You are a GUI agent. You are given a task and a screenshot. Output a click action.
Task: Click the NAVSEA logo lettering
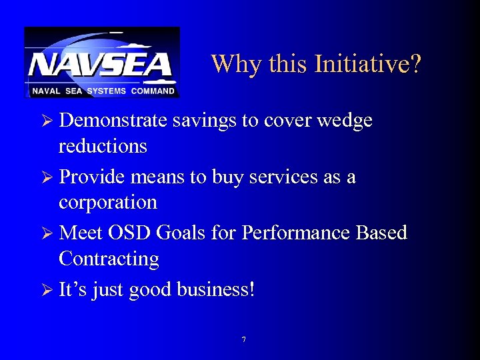click(x=101, y=65)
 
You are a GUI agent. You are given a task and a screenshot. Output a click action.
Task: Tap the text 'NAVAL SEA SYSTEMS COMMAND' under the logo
click(x=102, y=91)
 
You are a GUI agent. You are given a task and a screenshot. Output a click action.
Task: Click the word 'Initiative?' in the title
click(x=368, y=65)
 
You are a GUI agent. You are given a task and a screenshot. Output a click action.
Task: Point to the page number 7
click(x=243, y=340)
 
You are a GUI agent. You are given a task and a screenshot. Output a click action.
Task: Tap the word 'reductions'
click(x=103, y=146)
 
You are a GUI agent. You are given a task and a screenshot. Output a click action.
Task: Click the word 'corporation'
click(x=108, y=203)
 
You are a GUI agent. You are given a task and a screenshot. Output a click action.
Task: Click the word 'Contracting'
click(x=109, y=259)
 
